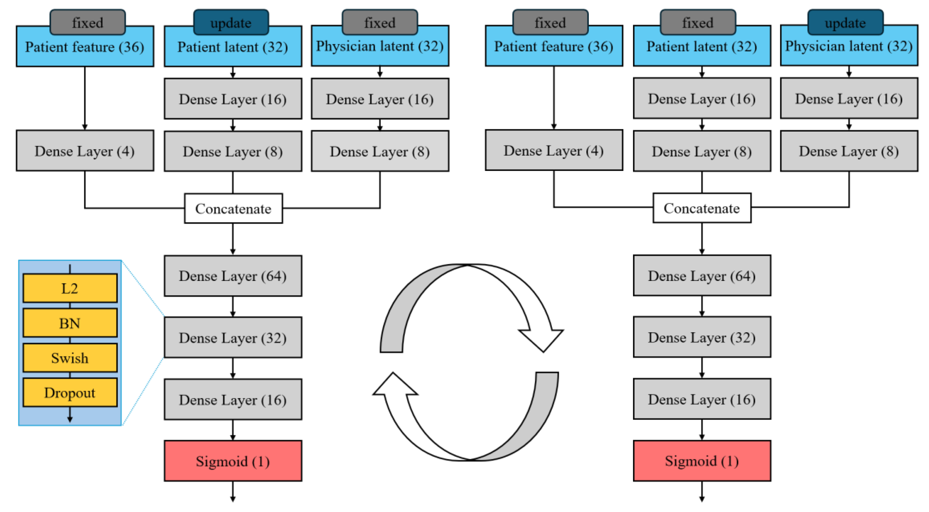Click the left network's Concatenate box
233,208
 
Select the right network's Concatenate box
702,208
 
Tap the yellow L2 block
70,288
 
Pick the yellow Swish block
70,358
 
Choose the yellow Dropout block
70,392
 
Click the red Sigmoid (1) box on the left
233,461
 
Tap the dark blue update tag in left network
231,22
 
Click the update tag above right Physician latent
845,22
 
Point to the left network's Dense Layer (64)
233,276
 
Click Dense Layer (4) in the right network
554,150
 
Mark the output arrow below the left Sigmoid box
233,492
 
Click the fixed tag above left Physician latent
380,22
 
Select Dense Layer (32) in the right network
702,337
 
